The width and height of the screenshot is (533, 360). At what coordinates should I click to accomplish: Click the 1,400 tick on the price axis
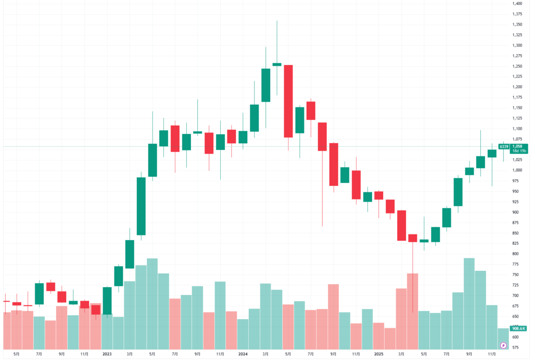tap(517, 4)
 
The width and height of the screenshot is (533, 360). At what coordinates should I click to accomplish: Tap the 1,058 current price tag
tap(517, 146)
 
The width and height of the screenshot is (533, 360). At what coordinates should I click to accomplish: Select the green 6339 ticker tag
tap(503, 147)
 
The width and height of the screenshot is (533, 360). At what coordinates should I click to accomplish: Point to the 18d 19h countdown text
tap(518, 151)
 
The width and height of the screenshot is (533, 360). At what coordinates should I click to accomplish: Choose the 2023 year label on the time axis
tap(107, 353)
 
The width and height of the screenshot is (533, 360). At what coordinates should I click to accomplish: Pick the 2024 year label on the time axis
tap(243, 353)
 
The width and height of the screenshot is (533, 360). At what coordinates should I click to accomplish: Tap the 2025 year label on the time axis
tap(378, 353)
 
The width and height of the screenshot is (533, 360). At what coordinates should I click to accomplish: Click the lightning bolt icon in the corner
tap(503, 345)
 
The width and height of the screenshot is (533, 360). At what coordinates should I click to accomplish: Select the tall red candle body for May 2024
tap(288, 101)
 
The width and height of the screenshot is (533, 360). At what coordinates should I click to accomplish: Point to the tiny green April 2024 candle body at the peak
tap(277, 65)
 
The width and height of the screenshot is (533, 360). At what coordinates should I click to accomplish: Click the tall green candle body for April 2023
tap(141, 206)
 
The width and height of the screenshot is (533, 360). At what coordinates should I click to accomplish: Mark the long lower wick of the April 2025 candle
tap(413, 281)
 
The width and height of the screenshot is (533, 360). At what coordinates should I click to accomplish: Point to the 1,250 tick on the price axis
tap(517, 66)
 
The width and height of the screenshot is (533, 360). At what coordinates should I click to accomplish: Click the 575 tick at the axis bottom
tap(517, 347)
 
